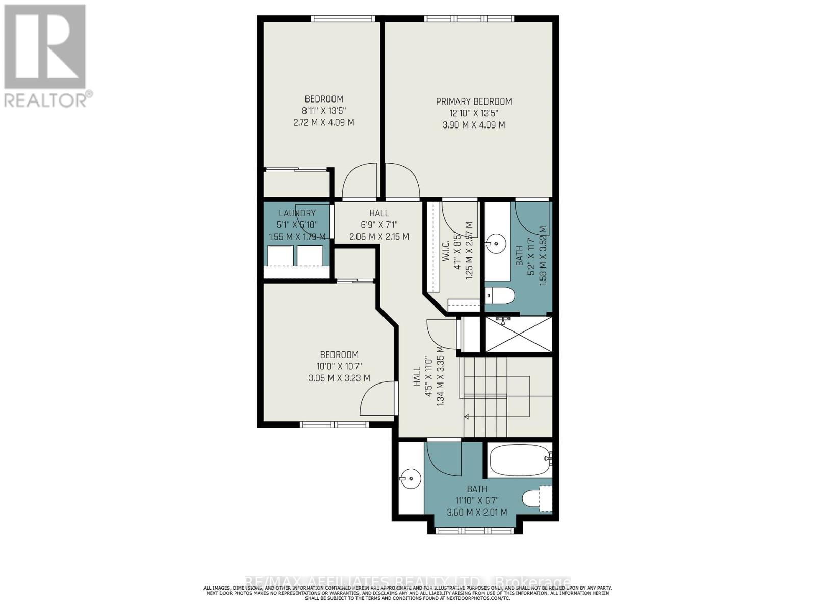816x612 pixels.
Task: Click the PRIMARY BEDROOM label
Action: pyautogui.click(x=473, y=101)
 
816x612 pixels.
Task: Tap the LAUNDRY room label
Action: pyautogui.click(x=297, y=213)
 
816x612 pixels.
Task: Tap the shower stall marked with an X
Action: pyautogui.click(x=518, y=335)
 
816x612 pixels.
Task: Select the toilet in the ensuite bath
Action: pyautogui.click(x=500, y=296)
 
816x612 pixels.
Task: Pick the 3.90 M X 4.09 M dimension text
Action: pyautogui.click(x=473, y=125)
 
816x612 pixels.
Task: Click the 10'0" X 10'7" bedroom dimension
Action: pyautogui.click(x=339, y=366)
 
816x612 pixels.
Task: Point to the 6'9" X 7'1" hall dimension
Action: pyautogui.click(x=379, y=225)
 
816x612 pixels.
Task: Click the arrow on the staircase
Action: pyautogui.click(x=467, y=417)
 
